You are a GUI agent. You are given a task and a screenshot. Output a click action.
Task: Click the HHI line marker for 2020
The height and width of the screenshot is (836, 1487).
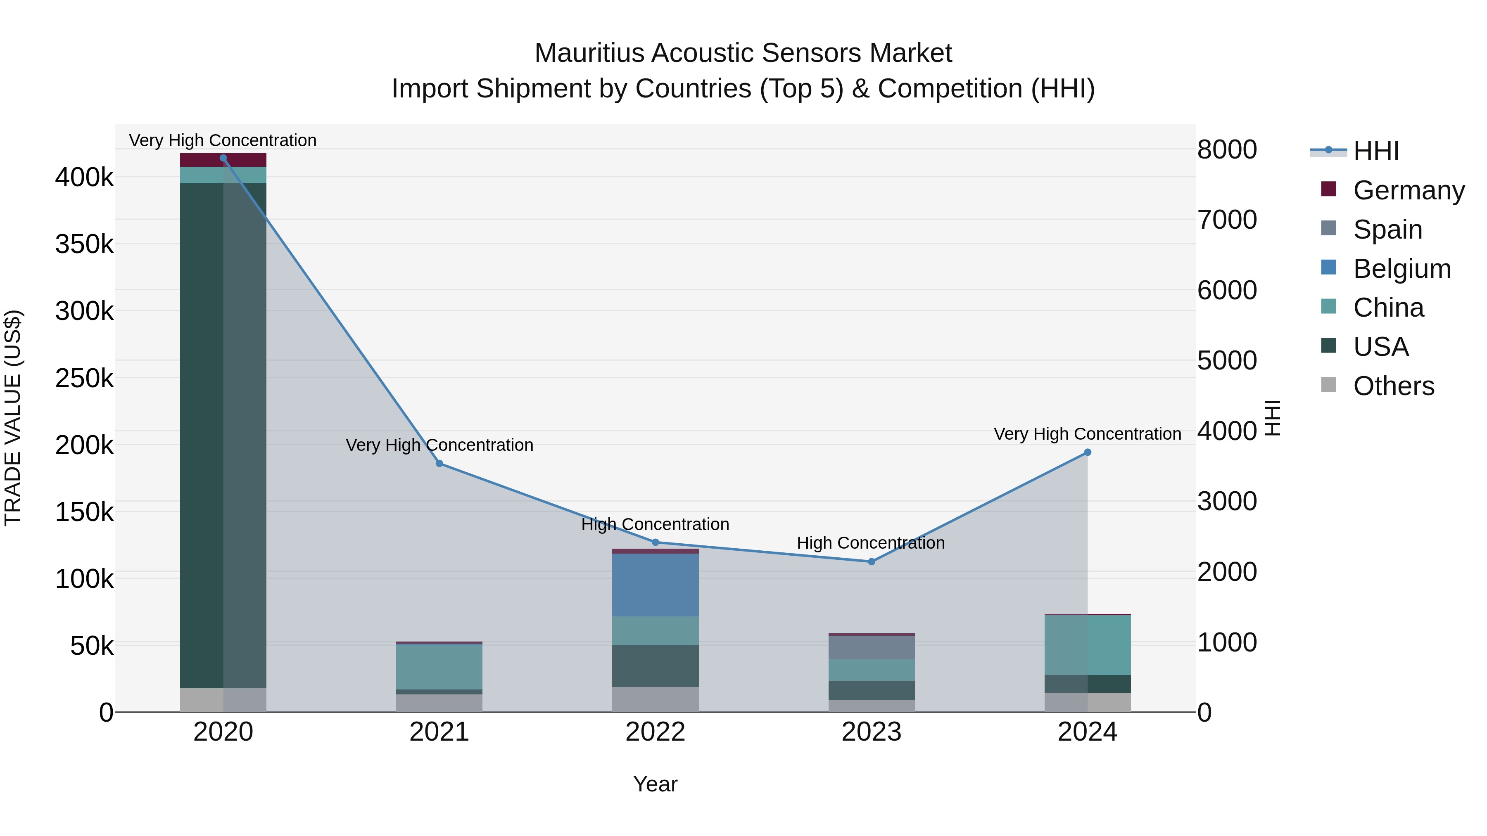223,158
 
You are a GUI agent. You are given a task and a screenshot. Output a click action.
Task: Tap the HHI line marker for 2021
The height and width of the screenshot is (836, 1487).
439,463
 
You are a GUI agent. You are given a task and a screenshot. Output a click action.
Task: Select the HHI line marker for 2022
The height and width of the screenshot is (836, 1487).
655,542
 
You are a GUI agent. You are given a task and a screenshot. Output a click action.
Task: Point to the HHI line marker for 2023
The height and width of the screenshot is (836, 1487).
872,561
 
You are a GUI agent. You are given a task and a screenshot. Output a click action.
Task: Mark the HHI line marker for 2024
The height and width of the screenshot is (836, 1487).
1088,452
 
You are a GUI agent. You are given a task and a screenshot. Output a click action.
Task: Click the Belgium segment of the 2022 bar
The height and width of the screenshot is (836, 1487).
655,585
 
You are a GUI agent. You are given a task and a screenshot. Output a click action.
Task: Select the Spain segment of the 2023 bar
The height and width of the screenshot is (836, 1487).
872,647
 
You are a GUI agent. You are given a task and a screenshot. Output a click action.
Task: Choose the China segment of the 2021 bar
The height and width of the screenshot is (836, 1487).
439,666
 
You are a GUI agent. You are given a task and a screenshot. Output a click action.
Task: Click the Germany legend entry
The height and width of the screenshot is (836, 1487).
1409,190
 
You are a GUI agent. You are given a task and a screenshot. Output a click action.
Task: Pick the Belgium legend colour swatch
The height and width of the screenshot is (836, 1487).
1328,267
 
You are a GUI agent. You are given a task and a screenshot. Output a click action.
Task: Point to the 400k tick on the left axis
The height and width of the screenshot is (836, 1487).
84,177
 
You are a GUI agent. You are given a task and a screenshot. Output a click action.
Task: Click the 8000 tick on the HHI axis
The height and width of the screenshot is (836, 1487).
1227,149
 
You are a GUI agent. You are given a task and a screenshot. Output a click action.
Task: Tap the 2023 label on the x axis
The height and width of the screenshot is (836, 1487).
872,732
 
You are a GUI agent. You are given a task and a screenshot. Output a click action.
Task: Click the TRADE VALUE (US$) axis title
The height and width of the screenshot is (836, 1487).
13,418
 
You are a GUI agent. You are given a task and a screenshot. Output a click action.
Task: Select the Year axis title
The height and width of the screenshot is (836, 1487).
655,784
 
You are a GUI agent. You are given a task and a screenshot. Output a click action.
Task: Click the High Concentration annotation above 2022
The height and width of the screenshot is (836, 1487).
655,524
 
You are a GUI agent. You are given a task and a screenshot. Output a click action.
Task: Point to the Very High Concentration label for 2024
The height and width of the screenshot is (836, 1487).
1088,434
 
